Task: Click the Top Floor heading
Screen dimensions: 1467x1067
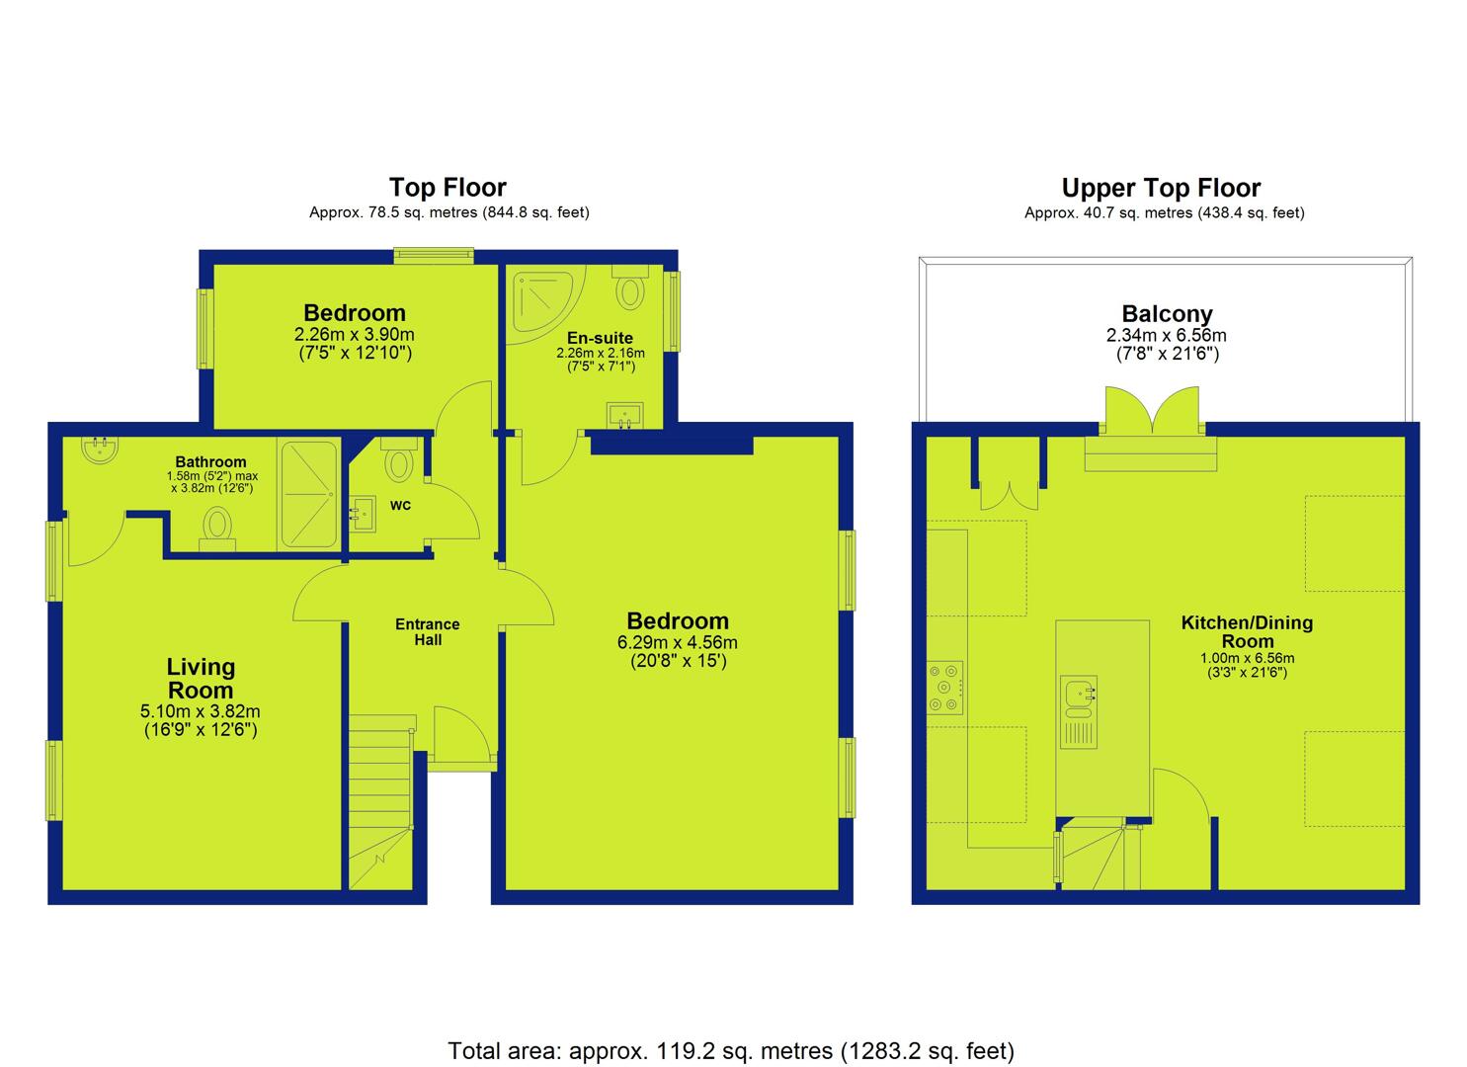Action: (448, 188)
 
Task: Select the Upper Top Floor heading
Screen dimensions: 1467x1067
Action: (1161, 188)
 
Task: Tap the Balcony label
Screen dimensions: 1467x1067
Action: (1167, 314)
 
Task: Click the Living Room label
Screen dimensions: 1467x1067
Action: (201, 678)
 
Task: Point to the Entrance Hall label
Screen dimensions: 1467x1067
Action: (428, 632)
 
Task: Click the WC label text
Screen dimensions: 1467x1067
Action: (400, 506)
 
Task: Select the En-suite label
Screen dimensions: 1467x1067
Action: (600, 338)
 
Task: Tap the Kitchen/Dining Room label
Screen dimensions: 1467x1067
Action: (1247, 631)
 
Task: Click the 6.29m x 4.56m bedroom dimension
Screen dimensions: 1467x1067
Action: (677, 642)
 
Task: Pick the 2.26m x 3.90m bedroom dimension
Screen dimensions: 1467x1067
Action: (355, 334)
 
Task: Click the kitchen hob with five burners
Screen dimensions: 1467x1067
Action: (944, 687)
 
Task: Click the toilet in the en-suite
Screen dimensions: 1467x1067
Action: (630, 287)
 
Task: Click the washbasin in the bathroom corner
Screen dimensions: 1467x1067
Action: (100, 449)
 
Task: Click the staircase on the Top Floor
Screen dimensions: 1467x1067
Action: (380, 802)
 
